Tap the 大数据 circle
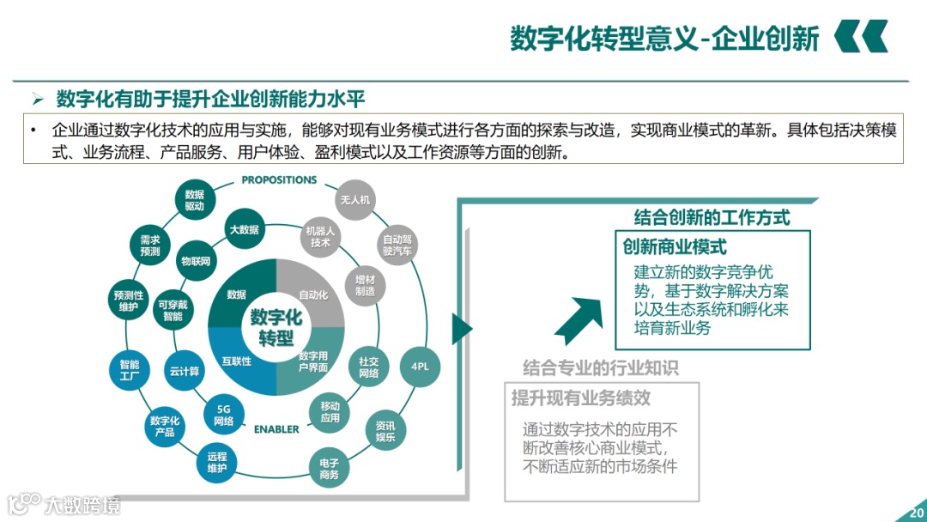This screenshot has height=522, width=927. coord(244,230)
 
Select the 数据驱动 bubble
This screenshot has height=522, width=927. coord(195,201)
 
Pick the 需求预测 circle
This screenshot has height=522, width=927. coord(150,246)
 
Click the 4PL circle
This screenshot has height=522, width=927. coord(420,367)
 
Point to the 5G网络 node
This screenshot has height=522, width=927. coord(224,416)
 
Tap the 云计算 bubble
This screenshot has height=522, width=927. coord(184,372)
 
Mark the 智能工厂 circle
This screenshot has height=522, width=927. coord(130,371)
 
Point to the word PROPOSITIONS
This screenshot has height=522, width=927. coord(279,180)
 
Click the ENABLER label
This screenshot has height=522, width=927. coord(276,429)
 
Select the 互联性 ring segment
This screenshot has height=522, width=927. coord(237,361)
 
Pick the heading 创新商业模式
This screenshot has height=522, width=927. coord(675,248)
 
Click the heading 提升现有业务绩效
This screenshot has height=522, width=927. coord(581,398)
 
